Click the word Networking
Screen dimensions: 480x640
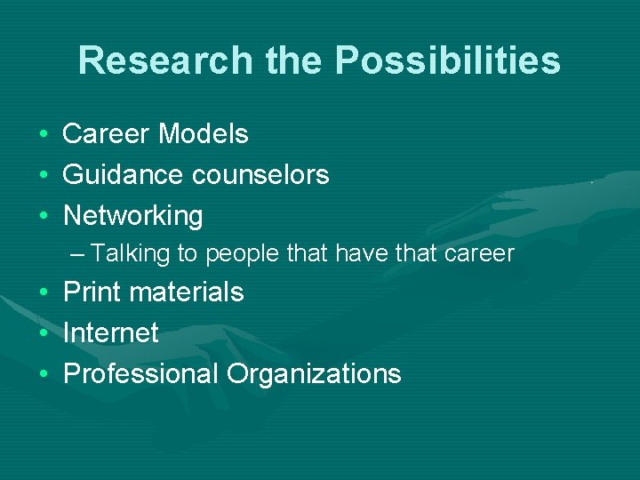[x=133, y=216]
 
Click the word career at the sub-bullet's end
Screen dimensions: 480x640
[x=480, y=254]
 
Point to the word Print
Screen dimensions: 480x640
[x=92, y=292]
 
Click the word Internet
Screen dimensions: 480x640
[x=111, y=333]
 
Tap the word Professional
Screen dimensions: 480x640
[x=140, y=374]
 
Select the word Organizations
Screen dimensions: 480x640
[x=314, y=374]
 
